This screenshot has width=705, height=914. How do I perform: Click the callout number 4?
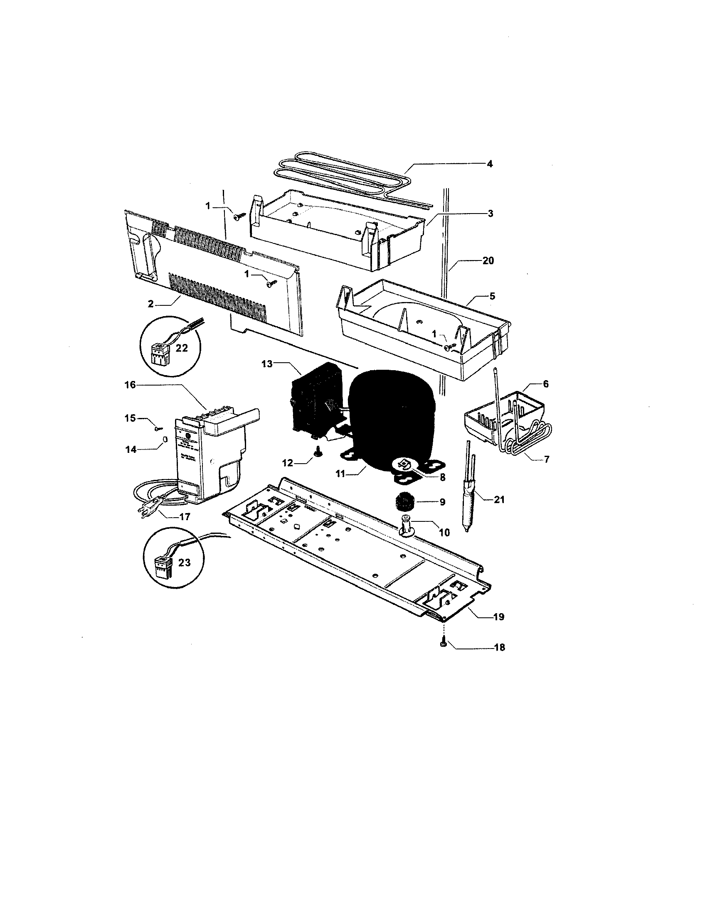[489, 164]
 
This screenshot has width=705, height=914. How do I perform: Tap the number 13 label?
[267, 364]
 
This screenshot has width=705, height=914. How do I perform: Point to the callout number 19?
[498, 617]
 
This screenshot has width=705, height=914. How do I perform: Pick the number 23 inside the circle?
[184, 563]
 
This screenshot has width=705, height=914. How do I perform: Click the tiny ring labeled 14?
[165, 439]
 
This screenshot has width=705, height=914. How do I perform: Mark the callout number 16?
[130, 385]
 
